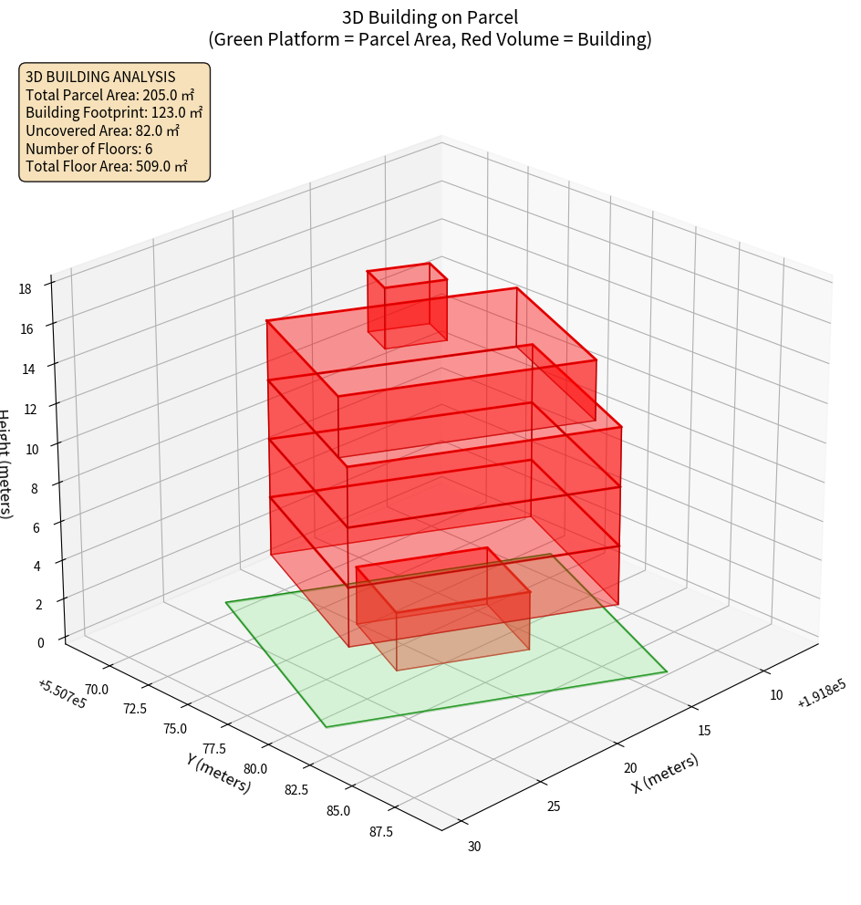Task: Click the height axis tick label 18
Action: tap(24, 288)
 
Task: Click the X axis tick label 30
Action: tap(473, 847)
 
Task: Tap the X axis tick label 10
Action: tap(776, 695)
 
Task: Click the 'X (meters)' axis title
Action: tap(665, 773)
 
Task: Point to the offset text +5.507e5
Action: tap(62, 692)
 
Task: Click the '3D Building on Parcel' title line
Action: tap(430, 16)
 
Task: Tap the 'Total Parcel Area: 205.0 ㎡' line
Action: tap(109, 94)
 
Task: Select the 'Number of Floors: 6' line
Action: tap(88, 149)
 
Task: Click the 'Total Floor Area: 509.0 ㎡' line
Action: tap(106, 167)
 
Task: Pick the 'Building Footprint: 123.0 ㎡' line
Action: tap(113, 112)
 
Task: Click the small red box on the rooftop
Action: tap(407, 306)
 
